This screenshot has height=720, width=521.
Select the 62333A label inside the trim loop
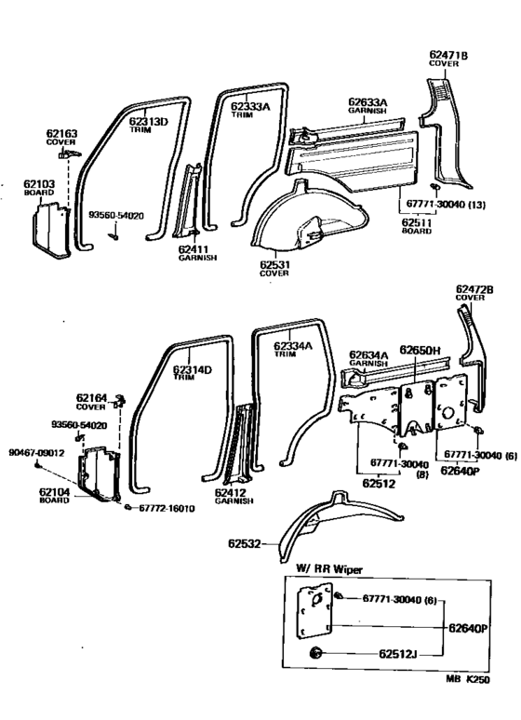pos(250,107)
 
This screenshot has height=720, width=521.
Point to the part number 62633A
pos(369,101)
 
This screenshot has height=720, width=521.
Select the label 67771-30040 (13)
pos(446,203)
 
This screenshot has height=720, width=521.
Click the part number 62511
pos(416,222)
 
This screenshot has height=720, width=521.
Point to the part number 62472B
pos(474,289)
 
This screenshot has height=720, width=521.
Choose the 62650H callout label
pos(420,350)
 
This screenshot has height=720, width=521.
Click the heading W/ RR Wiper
pos(329,567)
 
